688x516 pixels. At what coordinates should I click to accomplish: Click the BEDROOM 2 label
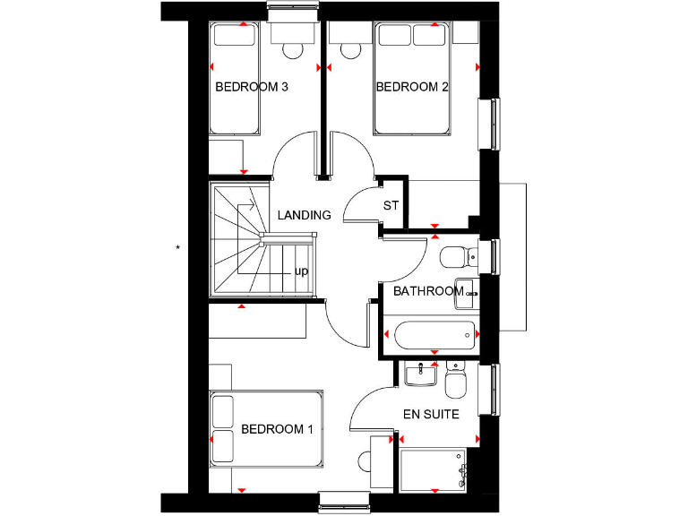[x=412, y=88]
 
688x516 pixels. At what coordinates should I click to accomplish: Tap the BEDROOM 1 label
[x=277, y=429]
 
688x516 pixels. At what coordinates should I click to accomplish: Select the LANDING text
[x=304, y=216]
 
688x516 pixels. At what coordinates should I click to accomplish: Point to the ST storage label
[x=391, y=206]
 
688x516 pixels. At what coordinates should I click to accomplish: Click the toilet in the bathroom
[x=458, y=257]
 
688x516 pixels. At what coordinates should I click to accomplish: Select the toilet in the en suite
[x=455, y=383]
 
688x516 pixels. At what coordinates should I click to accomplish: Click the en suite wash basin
[x=419, y=374]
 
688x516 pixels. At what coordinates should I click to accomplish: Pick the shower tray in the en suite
[x=434, y=469]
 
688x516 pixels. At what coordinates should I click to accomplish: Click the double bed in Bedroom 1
[x=266, y=428]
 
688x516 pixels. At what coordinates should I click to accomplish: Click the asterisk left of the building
[x=178, y=246]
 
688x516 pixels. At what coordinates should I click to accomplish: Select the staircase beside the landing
[x=239, y=239]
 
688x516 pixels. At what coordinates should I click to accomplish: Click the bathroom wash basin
[x=467, y=293]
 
